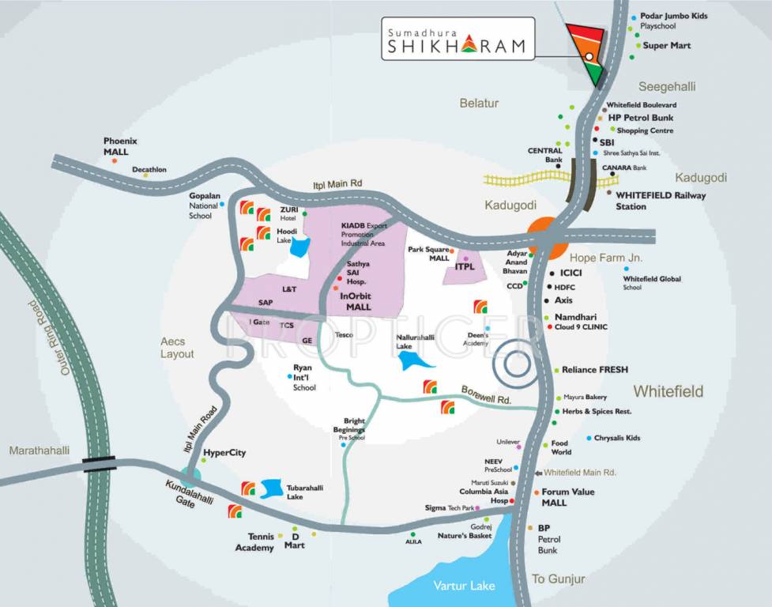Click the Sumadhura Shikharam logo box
(457, 40)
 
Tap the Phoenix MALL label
(120, 146)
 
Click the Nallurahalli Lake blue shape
(414, 360)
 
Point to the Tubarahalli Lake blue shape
(271, 488)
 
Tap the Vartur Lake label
(464, 586)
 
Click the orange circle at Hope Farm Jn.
(544, 235)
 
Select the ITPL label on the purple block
(465, 267)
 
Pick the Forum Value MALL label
(567, 497)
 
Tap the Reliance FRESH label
(595, 370)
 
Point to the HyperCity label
(224, 453)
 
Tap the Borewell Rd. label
(487, 395)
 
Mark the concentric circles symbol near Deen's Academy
(515, 364)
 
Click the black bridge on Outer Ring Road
(100, 464)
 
